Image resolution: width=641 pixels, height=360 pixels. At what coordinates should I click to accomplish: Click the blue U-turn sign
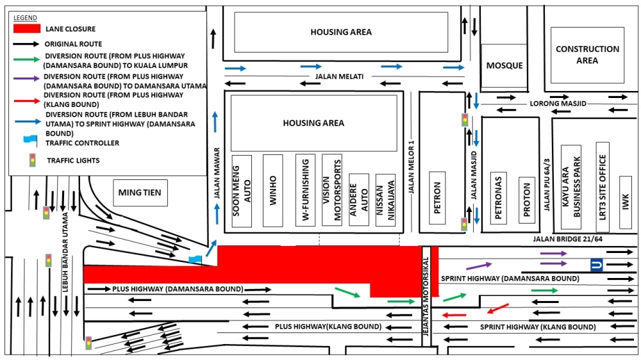coord(597,265)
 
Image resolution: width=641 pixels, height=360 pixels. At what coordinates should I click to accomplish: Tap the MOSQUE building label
coord(504,65)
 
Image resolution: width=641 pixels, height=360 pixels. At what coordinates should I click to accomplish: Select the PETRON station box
coord(437,198)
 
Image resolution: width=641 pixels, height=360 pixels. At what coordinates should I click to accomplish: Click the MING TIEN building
coord(140,192)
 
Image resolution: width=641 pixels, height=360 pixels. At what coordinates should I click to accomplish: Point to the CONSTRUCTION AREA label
coord(587,54)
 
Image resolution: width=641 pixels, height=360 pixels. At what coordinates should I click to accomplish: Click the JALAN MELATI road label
coord(339,76)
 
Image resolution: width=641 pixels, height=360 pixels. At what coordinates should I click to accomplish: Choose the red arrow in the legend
coord(27,100)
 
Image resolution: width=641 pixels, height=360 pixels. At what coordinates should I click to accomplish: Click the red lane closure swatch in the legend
coord(27,29)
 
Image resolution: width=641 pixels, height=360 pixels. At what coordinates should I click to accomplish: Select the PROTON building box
coord(527,200)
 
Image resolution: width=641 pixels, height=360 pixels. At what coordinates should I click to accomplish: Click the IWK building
coord(626,202)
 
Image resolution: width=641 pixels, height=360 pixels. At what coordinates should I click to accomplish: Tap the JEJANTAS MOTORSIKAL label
coord(426,297)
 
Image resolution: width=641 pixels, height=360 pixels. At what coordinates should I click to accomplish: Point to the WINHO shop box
coord(272,190)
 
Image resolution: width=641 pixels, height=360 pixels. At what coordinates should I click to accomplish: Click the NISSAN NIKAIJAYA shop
coord(385,200)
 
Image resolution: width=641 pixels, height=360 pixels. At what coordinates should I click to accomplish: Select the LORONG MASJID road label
coord(558,103)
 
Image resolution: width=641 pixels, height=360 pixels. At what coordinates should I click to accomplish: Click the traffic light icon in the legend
coord(32,160)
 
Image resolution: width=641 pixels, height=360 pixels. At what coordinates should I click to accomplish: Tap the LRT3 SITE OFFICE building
coord(603,187)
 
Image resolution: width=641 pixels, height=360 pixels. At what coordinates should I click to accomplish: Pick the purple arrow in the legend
coord(26,78)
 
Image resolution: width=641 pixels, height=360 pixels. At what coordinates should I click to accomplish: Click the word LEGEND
coord(25,17)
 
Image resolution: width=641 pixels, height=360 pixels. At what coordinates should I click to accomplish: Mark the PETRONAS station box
coord(498,198)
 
